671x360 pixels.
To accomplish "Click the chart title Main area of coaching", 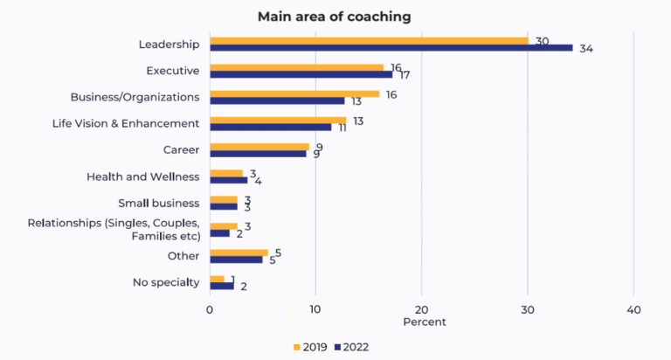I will point(334,17).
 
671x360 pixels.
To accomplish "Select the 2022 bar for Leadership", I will point(391,47).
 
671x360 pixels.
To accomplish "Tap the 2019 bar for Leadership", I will point(369,40).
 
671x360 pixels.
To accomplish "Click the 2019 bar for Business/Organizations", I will point(294,93).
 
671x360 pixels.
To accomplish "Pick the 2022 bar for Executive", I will point(301,74).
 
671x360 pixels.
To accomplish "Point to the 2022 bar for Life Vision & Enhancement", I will point(270,128).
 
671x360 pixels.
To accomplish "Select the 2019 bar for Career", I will point(259,147).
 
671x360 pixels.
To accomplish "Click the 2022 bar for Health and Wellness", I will point(228,180).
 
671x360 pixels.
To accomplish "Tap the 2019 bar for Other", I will point(239,253).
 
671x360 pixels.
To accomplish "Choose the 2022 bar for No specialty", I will point(221,286).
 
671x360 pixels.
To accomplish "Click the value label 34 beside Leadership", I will point(586,48).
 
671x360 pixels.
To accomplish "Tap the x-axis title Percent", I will point(425,322).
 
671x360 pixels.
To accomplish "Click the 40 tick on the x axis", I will point(633,310).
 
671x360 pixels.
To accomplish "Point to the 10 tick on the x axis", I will point(315,310).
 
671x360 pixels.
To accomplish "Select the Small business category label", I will point(159,203).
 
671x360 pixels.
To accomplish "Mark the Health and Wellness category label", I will point(143,177).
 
